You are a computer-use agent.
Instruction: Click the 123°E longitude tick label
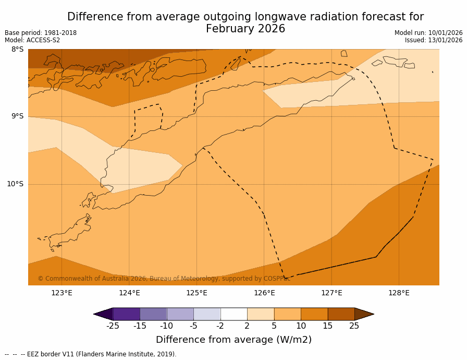pyautogui.click(x=62, y=293)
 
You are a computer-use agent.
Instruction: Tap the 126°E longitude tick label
pyautogui.click(x=264, y=293)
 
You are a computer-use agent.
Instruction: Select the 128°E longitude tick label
pyautogui.click(x=399, y=293)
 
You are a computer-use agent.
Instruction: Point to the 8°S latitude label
pyautogui.click(x=17, y=50)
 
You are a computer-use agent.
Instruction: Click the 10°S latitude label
pyautogui.click(x=15, y=184)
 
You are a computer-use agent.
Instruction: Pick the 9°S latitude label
pyautogui.click(x=17, y=116)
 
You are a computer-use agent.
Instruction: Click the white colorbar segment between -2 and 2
pyautogui.click(x=233, y=314)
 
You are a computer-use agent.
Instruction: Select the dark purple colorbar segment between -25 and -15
pyautogui.click(x=126, y=314)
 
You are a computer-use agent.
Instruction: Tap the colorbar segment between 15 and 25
pyautogui.click(x=341, y=314)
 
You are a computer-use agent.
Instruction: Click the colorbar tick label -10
pyautogui.click(x=166, y=327)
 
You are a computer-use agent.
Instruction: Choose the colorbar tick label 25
pyautogui.click(x=354, y=327)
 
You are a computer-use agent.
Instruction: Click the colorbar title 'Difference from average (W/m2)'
pyautogui.click(x=233, y=340)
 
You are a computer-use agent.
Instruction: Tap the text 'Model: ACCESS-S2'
pyautogui.click(x=32, y=40)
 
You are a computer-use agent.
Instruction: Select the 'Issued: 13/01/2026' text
pyautogui.click(x=434, y=40)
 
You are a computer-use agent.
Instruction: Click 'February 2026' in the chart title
pyautogui.click(x=245, y=29)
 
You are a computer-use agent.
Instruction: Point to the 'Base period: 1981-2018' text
pyautogui.click(x=41, y=33)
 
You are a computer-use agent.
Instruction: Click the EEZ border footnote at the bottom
pyautogui.click(x=91, y=354)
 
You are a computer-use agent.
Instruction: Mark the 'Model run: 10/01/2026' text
pyautogui.click(x=428, y=33)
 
